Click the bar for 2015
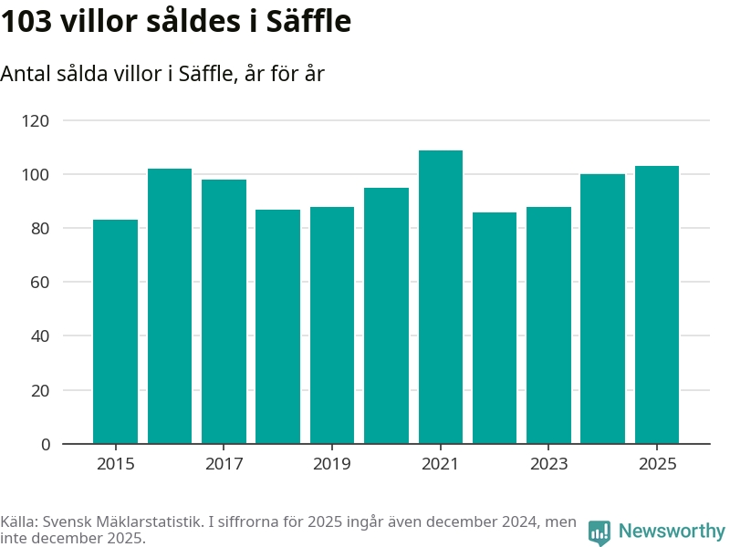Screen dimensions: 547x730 tap(115, 332)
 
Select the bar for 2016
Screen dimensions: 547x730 tap(170, 306)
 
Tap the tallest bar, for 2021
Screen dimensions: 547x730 tap(441, 297)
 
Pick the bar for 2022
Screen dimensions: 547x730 tap(495, 328)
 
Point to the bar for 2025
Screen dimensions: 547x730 tap(657, 305)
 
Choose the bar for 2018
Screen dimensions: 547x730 tap(277, 326)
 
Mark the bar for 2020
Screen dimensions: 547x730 tap(386, 315)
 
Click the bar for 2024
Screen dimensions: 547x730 tap(602, 309)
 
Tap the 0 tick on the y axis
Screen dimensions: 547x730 tap(45, 444)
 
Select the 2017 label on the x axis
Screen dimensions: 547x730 tap(224, 464)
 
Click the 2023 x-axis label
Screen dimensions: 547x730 tap(548, 464)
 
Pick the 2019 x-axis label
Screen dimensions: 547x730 tap(332, 464)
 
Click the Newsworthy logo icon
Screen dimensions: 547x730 tap(600, 532)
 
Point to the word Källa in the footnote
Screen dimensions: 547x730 tap(19, 522)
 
